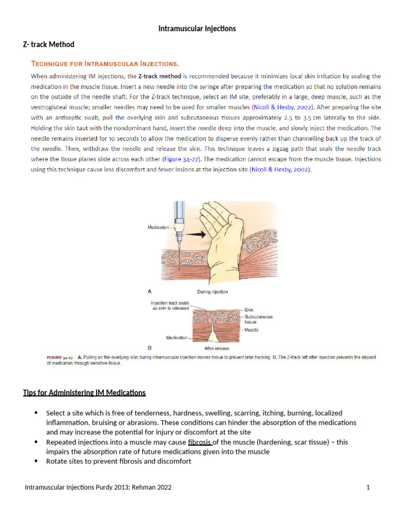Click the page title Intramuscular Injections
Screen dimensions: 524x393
click(197, 29)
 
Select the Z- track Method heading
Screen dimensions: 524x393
click(49, 45)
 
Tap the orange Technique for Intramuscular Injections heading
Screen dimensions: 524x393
click(105, 64)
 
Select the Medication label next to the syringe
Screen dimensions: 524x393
click(158, 227)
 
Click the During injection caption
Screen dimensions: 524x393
click(212, 292)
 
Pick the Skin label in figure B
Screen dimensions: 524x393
click(248, 310)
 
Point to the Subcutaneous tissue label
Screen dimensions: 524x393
click(258, 320)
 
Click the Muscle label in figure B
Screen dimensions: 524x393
click(251, 330)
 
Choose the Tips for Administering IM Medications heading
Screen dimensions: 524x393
click(84, 393)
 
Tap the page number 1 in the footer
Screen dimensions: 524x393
click(367, 488)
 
